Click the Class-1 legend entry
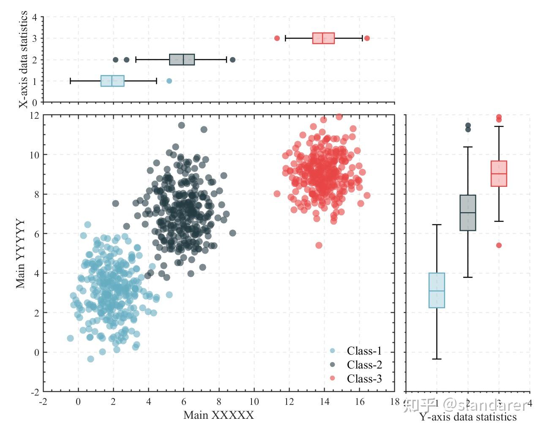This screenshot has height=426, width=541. [x=364, y=351]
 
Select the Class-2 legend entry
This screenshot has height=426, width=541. [x=364, y=365]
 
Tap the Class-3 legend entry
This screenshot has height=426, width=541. [x=364, y=379]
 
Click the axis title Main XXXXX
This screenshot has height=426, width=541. [x=219, y=415]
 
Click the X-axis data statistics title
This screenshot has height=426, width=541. [x=24, y=59]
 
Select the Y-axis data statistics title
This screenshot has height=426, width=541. [x=468, y=417]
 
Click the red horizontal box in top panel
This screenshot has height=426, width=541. [x=323, y=38]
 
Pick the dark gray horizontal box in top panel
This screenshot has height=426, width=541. [x=182, y=60]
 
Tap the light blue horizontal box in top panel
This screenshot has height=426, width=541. [x=112, y=81]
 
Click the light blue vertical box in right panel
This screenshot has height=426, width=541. [x=437, y=290]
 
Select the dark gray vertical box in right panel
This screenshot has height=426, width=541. [x=468, y=213]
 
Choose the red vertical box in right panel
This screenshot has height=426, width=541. [x=499, y=173]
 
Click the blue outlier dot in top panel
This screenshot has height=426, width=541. [x=169, y=81]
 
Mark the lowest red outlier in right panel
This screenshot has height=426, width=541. [x=499, y=245]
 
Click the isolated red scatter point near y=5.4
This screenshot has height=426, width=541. [x=319, y=245]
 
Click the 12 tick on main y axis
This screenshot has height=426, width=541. [x=35, y=115]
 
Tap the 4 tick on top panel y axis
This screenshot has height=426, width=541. [x=35, y=17]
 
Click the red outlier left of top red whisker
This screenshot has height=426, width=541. [x=277, y=38]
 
